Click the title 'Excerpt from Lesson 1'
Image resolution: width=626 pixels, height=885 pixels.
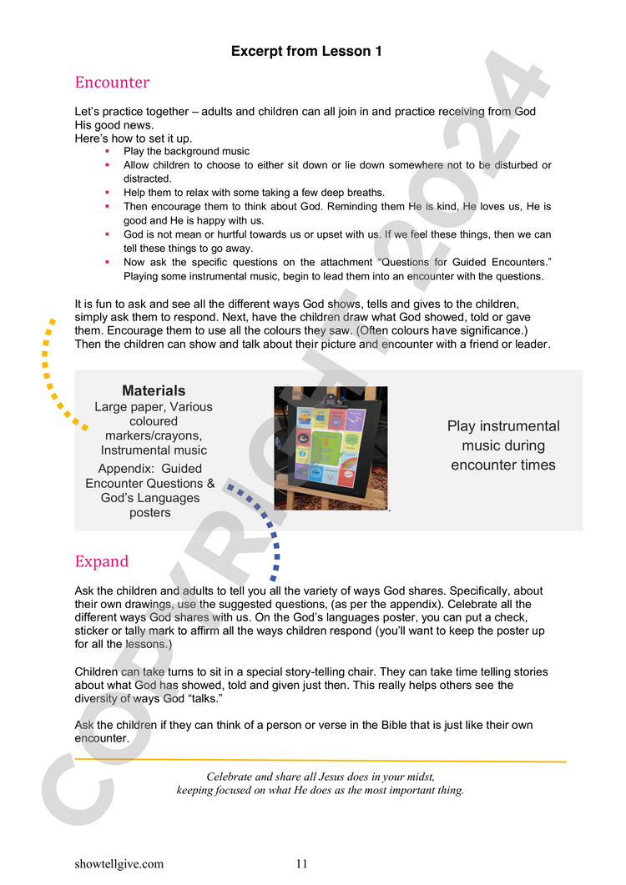[x=306, y=52]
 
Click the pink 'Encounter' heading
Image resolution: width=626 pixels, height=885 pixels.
[x=112, y=83]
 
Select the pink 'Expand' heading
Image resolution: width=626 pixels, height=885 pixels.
[x=102, y=561]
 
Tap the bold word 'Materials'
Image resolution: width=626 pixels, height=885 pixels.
[x=154, y=391]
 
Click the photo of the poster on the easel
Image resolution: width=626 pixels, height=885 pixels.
[x=331, y=448]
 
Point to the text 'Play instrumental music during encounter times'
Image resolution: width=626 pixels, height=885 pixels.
[x=503, y=445]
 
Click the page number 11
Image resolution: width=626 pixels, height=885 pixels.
[x=302, y=864]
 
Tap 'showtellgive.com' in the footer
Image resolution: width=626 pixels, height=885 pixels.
[x=119, y=864]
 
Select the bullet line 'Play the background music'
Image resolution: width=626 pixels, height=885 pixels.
[x=186, y=151]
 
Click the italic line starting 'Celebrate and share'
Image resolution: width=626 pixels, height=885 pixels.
[x=321, y=777]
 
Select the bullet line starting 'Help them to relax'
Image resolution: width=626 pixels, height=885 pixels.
[x=254, y=192]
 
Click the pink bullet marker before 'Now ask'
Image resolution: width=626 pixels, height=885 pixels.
[x=108, y=262]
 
